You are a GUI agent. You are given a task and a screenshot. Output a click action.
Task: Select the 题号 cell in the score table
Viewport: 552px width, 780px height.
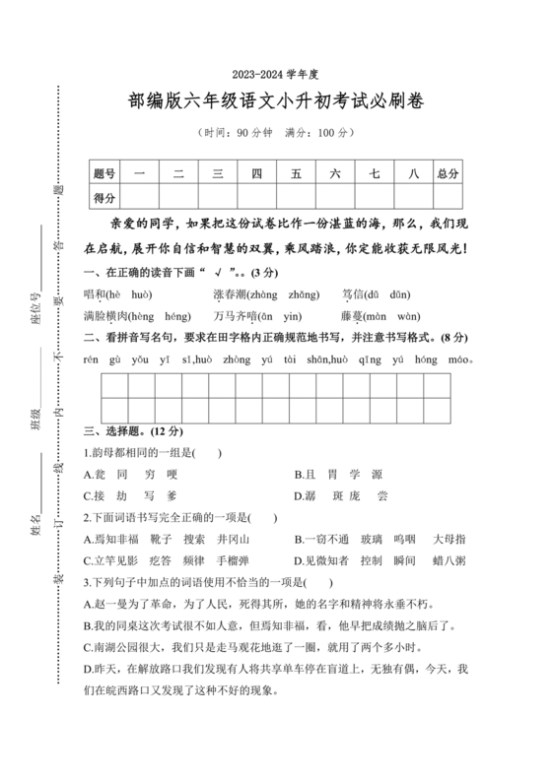click(104, 173)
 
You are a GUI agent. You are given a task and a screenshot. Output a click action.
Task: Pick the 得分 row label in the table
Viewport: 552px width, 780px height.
click(104, 197)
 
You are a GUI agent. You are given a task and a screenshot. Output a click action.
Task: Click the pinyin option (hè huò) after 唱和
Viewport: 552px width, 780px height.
click(128, 293)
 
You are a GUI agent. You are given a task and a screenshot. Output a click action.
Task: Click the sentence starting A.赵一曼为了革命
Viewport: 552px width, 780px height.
click(259, 604)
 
